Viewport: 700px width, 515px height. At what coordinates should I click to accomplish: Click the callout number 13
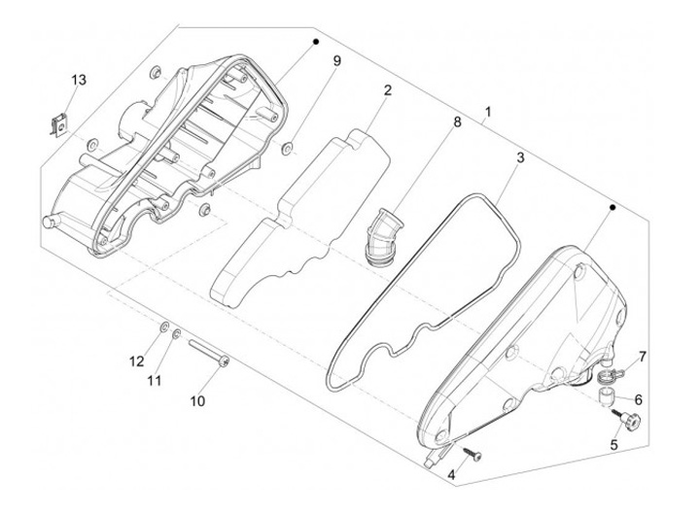79,79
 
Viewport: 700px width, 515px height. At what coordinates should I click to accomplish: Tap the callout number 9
336,61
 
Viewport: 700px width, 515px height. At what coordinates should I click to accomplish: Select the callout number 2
387,90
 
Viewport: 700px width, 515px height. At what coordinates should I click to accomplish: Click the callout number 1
486,113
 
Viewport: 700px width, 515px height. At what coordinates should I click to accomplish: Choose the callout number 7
642,358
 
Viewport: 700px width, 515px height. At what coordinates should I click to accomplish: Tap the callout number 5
613,445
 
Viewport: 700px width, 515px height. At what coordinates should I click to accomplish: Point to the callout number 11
153,381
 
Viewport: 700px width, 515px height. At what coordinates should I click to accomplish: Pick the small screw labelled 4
472,451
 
